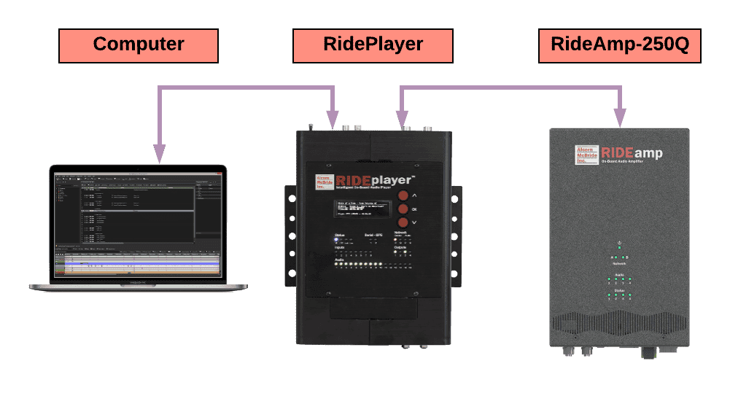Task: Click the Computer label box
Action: pos(139,45)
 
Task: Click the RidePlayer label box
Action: pos(373,45)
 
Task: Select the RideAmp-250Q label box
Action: pos(619,45)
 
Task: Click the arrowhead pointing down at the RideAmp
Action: pos(620,117)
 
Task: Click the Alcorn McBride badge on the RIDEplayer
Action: pos(323,183)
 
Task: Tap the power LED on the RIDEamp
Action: pos(619,248)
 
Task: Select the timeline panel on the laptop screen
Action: pos(138,265)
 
